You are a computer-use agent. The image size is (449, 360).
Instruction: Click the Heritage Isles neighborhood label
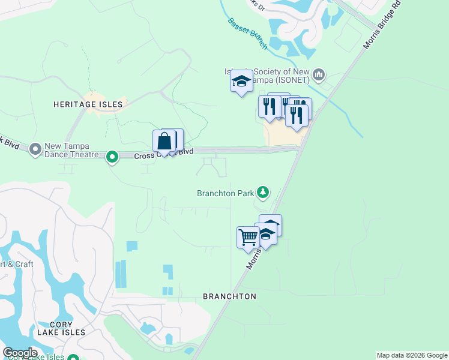pyautogui.click(x=88, y=104)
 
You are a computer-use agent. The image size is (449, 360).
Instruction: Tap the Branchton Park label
pyautogui.click(x=226, y=193)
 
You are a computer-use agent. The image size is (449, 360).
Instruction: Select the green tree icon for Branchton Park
pyautogui.click(x=262, y=193)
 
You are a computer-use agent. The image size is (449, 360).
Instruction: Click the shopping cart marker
pyautogui.click(x=248, y=238)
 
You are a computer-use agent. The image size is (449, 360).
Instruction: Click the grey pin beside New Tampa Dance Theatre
pyautogui.click(x=35, y=148)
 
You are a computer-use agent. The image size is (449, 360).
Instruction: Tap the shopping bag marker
pyautogui.click(x=164, y=142)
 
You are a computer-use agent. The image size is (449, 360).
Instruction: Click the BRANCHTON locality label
pyautogui.click(x=229, y=296)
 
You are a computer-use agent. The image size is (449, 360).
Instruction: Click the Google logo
pyautogui.click(x=20, y=353)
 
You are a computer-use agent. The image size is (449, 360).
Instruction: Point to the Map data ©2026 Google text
pyautogui.click(x=412, y=355)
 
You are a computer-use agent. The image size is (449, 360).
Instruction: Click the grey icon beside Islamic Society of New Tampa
pyautogui.click(x=318, y=75)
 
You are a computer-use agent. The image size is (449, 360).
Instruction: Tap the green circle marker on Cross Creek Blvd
pyautogui.click(x=112, y=157)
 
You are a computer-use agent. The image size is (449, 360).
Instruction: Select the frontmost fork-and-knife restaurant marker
pyautogui.click(x=297, y=114)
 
